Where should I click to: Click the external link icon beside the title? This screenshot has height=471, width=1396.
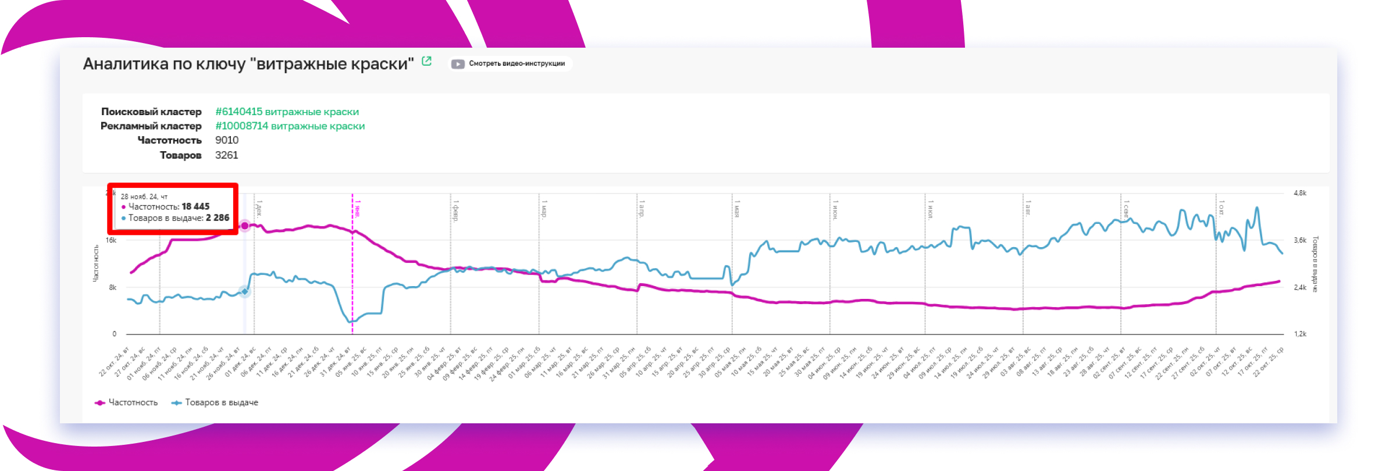(x=426, y=61)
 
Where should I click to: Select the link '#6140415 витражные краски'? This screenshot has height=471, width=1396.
(x=287, y=112)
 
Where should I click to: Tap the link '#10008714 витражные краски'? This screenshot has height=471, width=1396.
(x=290, y=126)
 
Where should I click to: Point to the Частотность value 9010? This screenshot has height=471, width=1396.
(x=227, y=140)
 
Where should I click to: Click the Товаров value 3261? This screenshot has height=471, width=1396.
(x=227, y=155)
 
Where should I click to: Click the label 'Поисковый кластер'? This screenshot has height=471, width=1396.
(x=151, y=112)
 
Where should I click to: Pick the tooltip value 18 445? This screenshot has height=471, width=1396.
(x=195, y=206)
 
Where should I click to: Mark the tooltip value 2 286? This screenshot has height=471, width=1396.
(x=218, y=218)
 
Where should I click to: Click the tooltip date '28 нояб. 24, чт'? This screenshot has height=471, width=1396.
(x=144, y=197)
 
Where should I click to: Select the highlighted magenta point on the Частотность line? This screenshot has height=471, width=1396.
(x=245, y=226)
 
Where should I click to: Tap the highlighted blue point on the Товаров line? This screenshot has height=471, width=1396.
(x=245, y=291)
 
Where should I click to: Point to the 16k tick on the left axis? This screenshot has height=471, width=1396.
(x=111, y=240)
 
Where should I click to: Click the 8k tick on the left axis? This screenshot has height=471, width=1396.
(x=113, y=287)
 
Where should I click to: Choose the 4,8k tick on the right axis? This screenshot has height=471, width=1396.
(x=1300, y=193)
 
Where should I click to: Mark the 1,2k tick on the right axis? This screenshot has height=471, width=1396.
(x=1300, y=334)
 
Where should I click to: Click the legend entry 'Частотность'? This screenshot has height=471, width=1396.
(x=133, y=402)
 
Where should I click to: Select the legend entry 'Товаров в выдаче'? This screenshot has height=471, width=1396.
(x=221, y=402)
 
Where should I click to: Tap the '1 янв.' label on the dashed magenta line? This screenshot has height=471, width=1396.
(x=358, y=208)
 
